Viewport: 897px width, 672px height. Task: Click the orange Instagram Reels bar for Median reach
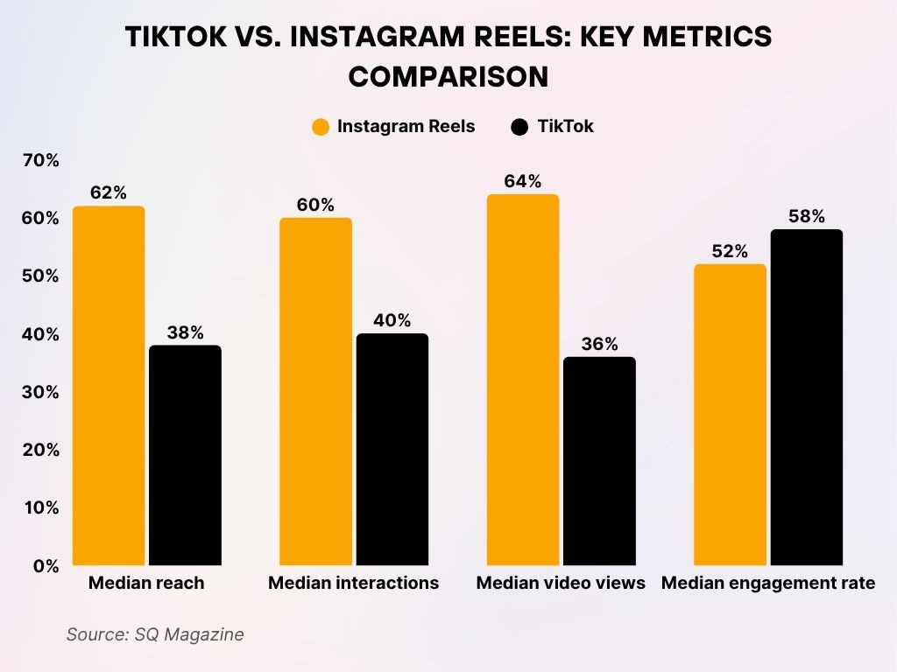[109, 385]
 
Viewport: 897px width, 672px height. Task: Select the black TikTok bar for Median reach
[185, 455]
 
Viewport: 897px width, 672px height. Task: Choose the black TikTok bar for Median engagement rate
[806, 397]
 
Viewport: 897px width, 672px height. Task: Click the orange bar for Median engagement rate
[730, 415]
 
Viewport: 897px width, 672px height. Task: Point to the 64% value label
[522, 182]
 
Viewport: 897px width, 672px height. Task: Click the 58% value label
[806, 217]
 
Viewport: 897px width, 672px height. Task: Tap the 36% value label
[599, 345]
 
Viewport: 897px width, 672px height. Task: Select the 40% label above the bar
[392, 321]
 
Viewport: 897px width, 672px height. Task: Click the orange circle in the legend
[321, 127]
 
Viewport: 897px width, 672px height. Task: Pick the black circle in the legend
[519, 127]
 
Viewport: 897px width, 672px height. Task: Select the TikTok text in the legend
[565, 127]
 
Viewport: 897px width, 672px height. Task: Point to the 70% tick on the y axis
[41, 160]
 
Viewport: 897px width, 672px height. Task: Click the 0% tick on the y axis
[46, 566]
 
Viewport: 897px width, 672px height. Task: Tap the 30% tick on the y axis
[41, 392]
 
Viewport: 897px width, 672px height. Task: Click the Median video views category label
[561, 584]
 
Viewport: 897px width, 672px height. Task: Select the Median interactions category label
[353, 584]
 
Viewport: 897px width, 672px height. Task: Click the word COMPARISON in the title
[448, 76]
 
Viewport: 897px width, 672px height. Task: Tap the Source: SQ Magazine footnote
[155, 635]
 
